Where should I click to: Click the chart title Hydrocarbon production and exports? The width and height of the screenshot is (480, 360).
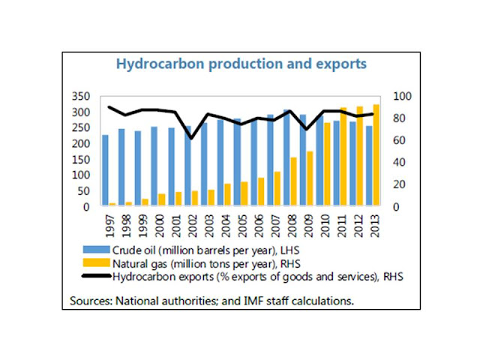point(240,64)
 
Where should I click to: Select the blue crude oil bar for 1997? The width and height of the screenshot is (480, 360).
point(105,170)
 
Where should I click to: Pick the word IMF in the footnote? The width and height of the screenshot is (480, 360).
point(245,301)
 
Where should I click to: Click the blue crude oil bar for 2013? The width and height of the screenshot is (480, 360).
point(367,166)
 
